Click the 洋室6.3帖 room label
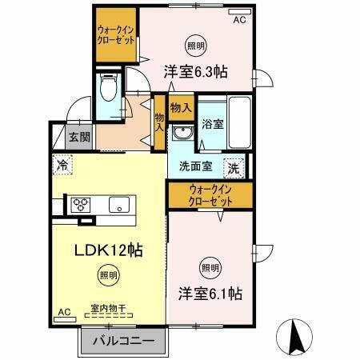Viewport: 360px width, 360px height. [196, 71]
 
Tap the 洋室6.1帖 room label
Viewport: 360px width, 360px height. [210, 294]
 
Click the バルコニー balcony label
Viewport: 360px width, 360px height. [124, 342]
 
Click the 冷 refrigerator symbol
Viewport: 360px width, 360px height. [63, 166]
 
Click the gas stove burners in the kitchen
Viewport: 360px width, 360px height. [82, 203]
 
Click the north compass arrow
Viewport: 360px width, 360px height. [292, 334]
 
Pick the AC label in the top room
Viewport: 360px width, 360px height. [239, 22]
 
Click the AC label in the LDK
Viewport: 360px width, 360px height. [63, 312]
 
